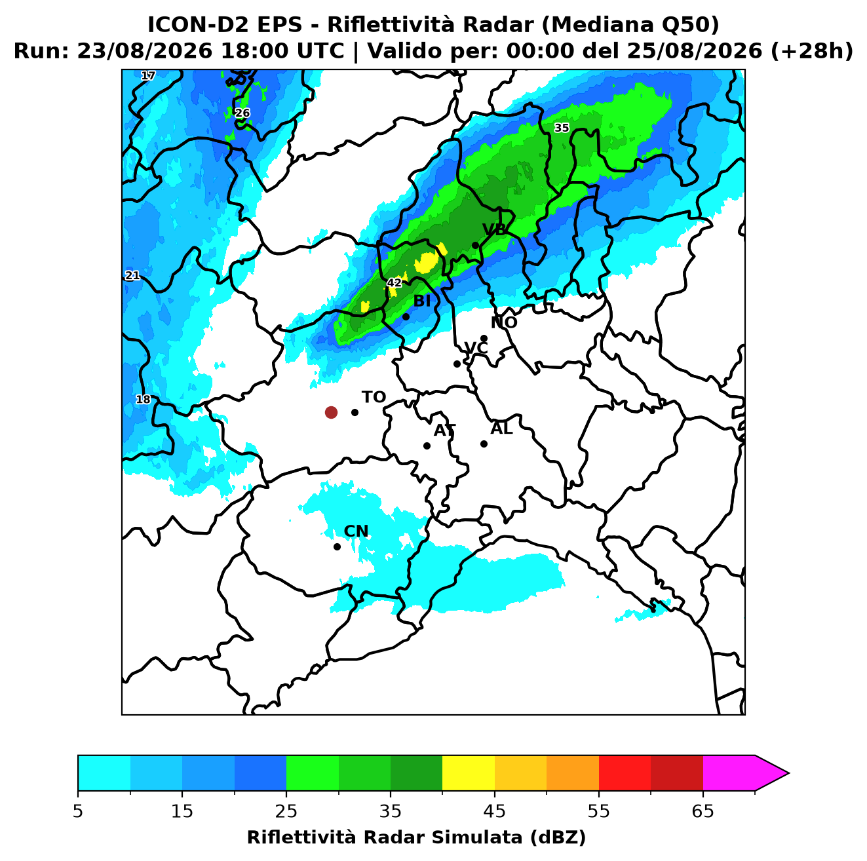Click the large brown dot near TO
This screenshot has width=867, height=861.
coord(331,411)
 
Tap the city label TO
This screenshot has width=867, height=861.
coord(374,397)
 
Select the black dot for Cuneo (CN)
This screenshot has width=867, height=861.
coord(337,546)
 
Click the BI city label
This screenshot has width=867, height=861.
coord(421,301)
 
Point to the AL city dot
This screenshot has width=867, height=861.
coord(483,444)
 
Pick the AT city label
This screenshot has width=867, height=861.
coord(444,430)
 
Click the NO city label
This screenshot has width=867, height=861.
coord(503,322)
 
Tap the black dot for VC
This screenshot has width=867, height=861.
coord(457,364)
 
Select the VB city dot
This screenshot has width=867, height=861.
coord(475,245)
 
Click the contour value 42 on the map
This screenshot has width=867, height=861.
coord(394,282)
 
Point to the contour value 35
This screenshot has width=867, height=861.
coord(561,128)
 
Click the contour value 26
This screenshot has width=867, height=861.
coord(242,113)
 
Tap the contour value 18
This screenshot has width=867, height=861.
coord(143,399)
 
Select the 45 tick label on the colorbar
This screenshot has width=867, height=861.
coord(494,811)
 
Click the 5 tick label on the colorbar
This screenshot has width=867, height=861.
coord(78,811)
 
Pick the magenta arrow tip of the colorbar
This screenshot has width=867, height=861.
coord(788,774)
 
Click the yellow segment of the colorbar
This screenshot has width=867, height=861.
coord(468,774)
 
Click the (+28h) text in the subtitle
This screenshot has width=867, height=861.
coord(812,51)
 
